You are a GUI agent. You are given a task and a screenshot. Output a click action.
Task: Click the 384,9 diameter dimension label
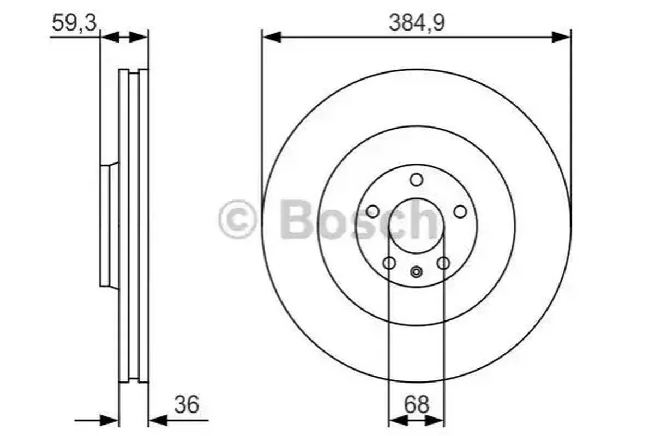click(x=417, y=23)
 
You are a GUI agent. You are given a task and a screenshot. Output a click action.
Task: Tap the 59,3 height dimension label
click(x=74, y=23)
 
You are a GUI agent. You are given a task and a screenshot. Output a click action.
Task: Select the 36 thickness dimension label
click(x=187, y=404)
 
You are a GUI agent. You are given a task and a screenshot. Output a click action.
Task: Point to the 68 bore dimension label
click(x=416, y=404)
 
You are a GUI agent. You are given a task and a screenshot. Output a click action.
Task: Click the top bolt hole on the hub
click(x=416, y=180)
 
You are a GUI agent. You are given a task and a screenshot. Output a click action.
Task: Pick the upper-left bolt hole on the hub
click(x=372, y=211)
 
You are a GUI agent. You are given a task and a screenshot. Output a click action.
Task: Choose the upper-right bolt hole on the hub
click(x=460, y=211)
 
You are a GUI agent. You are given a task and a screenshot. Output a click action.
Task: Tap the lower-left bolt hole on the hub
click(x=389, y=263)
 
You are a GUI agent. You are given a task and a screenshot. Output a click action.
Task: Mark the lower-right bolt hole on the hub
click(x=443, y=263)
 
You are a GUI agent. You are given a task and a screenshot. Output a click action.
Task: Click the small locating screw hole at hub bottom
click(x=416, y=272)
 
